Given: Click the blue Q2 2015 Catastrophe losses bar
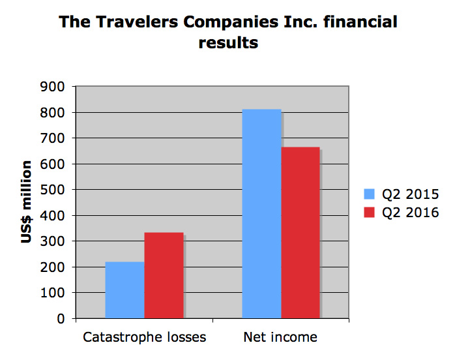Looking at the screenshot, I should (124, 290).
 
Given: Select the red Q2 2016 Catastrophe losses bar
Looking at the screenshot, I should (164, 275).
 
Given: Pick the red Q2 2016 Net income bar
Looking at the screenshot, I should (300, 233).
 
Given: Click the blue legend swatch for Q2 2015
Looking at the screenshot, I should (369, 194).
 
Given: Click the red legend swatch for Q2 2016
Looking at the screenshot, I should (369, 212).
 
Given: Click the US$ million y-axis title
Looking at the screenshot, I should (27, 202).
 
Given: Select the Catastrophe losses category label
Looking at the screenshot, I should (144, 337).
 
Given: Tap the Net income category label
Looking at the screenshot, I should (280, 337).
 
